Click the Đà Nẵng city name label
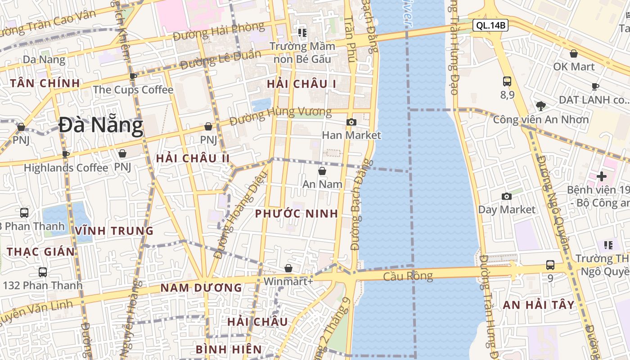(101, 126)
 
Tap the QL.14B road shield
(490, 26)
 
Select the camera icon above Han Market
(351, 122)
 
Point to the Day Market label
(507, 210)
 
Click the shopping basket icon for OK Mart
(574, 54)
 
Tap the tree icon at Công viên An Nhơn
(541, 106)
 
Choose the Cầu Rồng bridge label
(408, 276)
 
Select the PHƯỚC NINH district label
(297, 214)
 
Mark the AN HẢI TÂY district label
(539, 305)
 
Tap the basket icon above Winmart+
(288, 268)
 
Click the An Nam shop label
(322, 184)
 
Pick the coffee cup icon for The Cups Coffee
(133, 76)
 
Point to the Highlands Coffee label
(66, 168)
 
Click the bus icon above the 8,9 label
(507, 81)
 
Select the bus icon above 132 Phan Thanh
(43, 272)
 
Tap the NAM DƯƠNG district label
(201, 288)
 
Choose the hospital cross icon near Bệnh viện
(602, 176)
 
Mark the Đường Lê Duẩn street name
(220, 60)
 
